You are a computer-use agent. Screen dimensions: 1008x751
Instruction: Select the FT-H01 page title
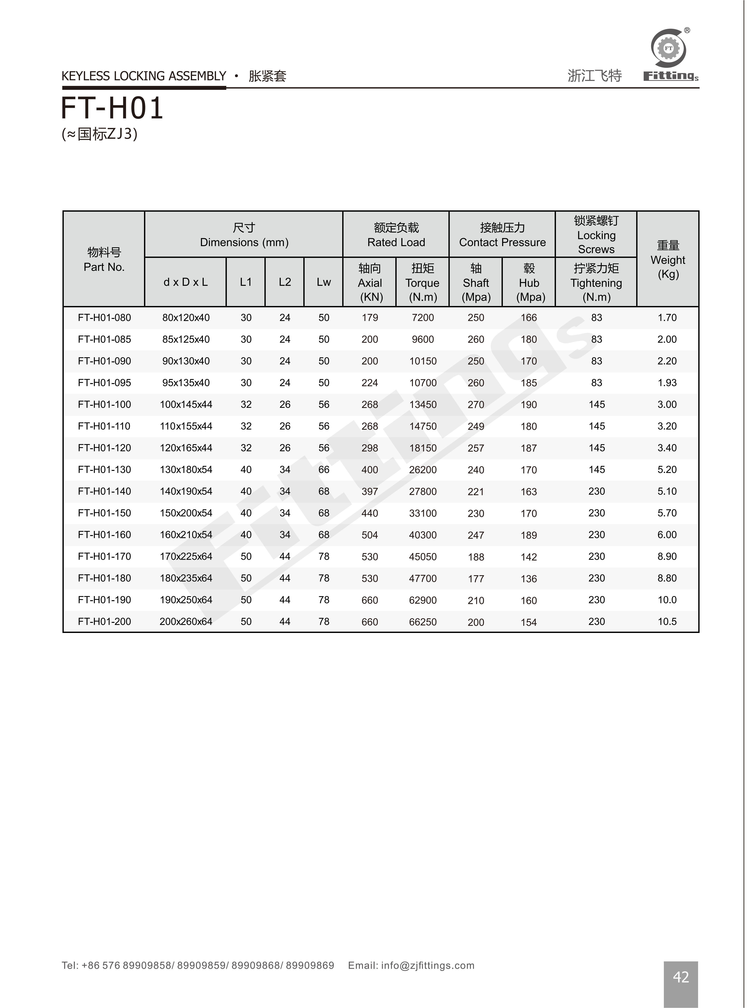pyautogui.click(x=112, y=109)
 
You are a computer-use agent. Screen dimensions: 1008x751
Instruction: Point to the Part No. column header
pyautogui.click(x=104, y=259)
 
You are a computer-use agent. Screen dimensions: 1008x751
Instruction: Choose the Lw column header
pyautogui.click(x=324, y=282)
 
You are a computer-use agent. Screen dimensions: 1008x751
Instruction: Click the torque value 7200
pyautogui.click(x=423, y=317)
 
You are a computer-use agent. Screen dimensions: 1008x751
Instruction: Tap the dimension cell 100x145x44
pyautogui.click(x=186, y=404)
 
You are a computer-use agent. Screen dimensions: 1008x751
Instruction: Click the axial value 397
pyautogui.click(x=370, y=491)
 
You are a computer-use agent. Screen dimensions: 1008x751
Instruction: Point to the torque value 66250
pyautogui.click(x=423, y=622)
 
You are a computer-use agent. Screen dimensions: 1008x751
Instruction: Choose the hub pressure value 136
pyautogui.click(x=529, y=579)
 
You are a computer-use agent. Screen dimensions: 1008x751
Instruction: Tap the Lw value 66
pyautogui.click(x=324, y=469)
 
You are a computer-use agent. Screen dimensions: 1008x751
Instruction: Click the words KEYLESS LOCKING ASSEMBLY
pyautogui.click(x=144, y=76)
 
